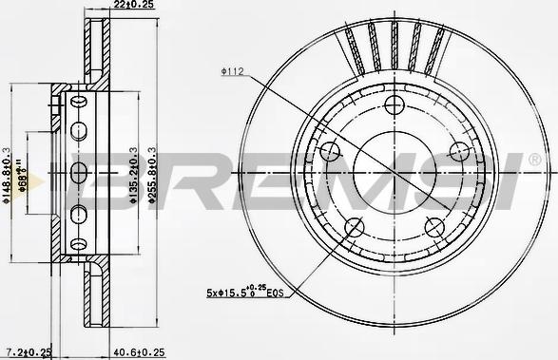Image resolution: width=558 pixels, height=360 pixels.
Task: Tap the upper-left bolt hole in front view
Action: (x=331, y=150)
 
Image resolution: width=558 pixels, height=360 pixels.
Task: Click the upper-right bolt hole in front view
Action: (x=459, y=150)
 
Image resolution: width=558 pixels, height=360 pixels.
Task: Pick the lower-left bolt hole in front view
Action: (x=354, y=226)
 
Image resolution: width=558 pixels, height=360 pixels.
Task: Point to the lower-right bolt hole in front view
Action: (x=434, y=226)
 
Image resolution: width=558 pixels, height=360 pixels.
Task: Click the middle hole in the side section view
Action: (x=78, y=173)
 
